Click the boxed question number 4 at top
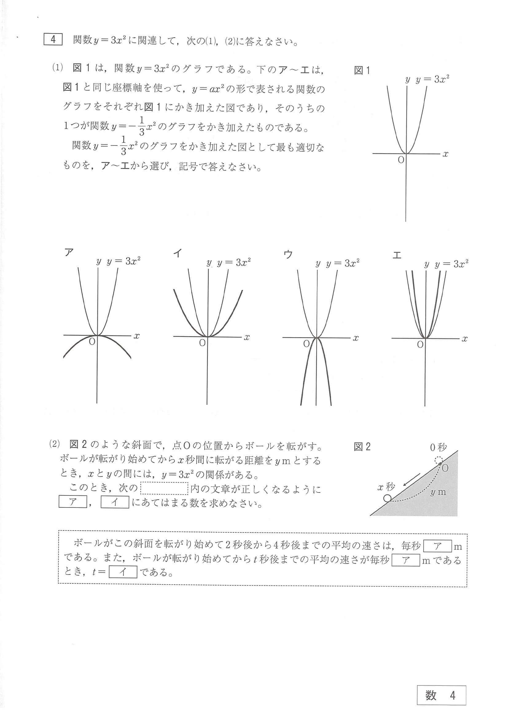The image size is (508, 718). point(53,40)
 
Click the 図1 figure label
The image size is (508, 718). point(362,70)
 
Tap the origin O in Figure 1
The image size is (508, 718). point(401,160)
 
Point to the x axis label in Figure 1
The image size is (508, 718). point(445,154)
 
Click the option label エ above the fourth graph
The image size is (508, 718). point(397,255)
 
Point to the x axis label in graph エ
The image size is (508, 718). point(464,339)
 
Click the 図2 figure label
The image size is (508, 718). point(362,446)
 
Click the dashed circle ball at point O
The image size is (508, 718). point(439,460)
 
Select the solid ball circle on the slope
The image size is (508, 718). point(388,498)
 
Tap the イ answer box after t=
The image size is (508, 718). point(123,572)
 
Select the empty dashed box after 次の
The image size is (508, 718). point(164,488)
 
